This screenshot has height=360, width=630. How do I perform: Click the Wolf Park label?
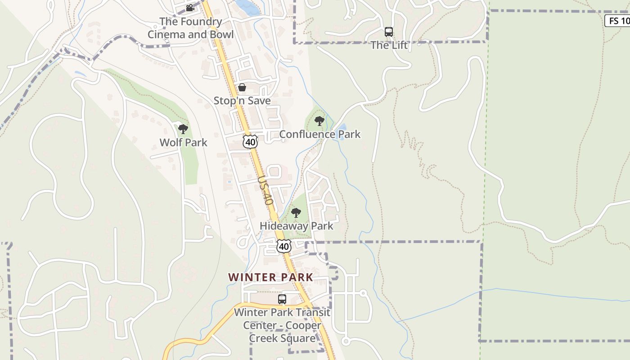click(183, 143)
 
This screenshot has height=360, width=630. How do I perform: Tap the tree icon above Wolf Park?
click(183, 130)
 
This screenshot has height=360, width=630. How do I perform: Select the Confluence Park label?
click(319, 134)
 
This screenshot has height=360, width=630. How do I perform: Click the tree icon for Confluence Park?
click(319, 121)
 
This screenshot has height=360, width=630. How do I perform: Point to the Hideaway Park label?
click(296, 226)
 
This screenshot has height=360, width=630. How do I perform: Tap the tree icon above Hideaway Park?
click(296, 213)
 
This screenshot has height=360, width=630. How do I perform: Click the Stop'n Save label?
click(242, 101)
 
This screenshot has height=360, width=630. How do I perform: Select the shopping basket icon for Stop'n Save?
click(242, 87)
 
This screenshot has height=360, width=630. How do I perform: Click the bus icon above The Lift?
click(389, 32)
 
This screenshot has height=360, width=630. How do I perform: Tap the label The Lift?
click(389, 45)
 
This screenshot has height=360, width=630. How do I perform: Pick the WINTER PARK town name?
click(270, 277)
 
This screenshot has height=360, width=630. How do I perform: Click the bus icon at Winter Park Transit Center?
click(282, 299)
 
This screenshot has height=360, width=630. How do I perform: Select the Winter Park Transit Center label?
click(282, 325)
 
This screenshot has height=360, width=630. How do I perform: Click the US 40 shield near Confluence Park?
click(250, 142)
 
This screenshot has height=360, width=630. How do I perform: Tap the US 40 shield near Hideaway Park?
click(284, 246)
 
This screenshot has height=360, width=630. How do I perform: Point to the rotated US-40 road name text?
click(266, 190)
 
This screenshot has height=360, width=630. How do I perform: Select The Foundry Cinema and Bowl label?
click(191, 28)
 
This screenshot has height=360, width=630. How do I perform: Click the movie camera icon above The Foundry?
click(190, 8)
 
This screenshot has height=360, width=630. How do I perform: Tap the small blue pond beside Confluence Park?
click(342, 132)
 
